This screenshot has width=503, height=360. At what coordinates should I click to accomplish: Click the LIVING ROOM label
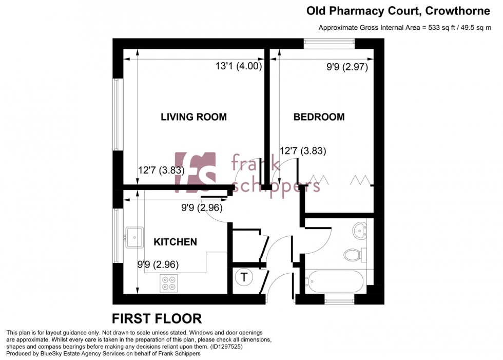(194, 117)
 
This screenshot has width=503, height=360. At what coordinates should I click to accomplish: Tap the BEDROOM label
(319, 117)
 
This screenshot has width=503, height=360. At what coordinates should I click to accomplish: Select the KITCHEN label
(175, 241)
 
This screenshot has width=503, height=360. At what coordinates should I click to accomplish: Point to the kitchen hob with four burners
(168, 283)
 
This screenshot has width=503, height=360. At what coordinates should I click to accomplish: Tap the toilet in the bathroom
(355, 254)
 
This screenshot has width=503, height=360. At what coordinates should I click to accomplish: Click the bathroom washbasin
(361, 230)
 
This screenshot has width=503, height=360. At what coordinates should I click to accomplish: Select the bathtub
(335, 282)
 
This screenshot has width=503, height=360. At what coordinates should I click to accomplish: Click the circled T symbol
(244, 278)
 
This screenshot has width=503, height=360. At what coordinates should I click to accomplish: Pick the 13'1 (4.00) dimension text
(239, 66)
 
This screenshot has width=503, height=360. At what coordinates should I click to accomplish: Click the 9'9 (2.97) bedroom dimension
(347, 66)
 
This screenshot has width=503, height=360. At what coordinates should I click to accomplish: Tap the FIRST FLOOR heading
(157, 318)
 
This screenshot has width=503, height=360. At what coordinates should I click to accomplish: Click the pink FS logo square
(195, 171)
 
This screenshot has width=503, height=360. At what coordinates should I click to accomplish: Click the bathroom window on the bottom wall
(339, 300)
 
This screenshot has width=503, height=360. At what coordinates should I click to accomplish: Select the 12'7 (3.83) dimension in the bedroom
(303, 151)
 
